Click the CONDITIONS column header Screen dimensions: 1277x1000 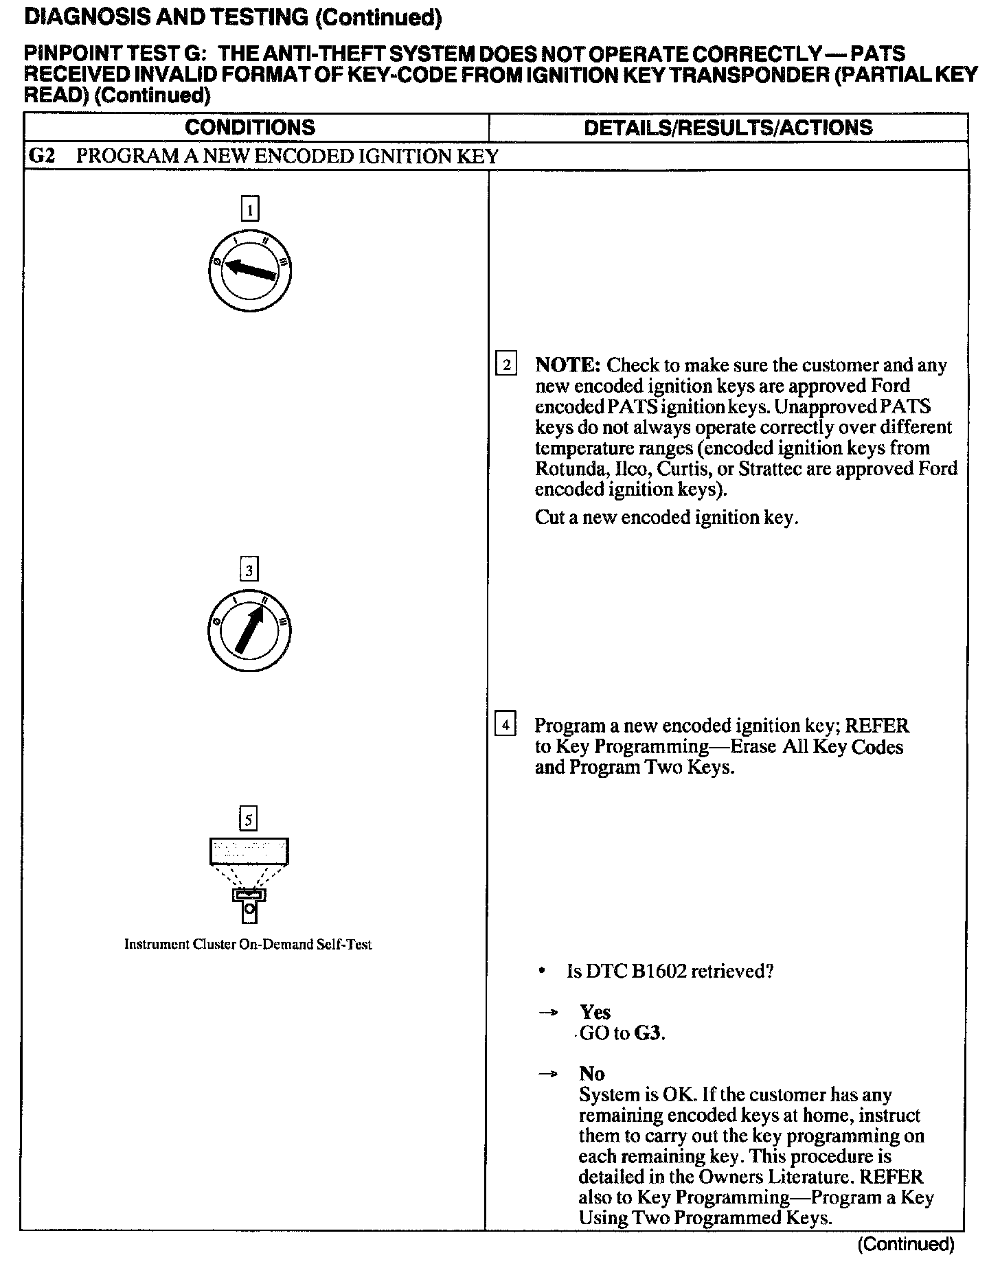[x=250, y=128]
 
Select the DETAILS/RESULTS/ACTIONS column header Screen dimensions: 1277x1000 [x=728, y=128]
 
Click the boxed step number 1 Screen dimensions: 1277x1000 [x=250, y=208]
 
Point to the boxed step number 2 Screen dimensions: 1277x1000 [x=506, y=365]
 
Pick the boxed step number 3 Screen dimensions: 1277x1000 [x=249, y=569]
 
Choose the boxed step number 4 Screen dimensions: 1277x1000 [x=505, y=725]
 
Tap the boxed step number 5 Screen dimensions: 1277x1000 [x=248, y=819]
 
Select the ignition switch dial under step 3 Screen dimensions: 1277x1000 [x=249, y=630]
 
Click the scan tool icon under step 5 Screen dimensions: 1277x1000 [x=249, y=879]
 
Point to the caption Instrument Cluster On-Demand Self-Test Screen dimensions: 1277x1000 [x=248, y=945]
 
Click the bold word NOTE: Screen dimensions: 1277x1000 [x=568, y=365]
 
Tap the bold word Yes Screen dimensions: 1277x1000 [x=595, y=1012]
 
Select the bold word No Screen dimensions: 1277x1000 [x=591, y=1074]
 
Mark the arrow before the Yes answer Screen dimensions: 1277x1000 [x=547, y=1013]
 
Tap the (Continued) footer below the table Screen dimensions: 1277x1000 [x=906, y=1244]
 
